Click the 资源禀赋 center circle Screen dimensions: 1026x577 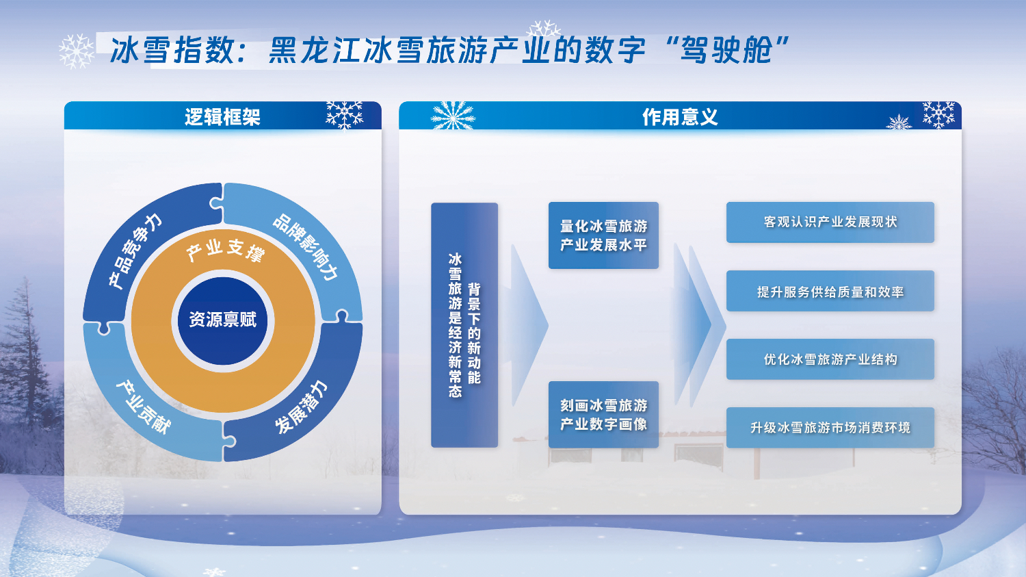[x=222, y=320]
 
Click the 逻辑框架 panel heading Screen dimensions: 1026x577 [x=222, y=117]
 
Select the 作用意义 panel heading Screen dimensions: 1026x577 [x=680, y=117]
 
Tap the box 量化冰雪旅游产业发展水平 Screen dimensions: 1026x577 [x=603, y=235]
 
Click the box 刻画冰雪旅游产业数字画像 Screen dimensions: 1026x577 [x=603, y=414]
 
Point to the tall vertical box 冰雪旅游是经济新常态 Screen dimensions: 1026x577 [x=464, y=325]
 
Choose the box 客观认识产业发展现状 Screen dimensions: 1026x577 [x=830, y=222]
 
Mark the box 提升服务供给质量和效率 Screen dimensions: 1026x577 [x=830, y=291]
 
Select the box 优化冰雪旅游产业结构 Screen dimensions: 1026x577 [x=830, y=359]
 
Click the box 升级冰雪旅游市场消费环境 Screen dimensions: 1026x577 [x=830, y=428]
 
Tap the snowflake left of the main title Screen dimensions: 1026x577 [x=77, y=51]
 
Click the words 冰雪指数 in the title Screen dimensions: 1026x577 [x=173, y=50]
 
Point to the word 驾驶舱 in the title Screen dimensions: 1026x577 [x=726, y=50]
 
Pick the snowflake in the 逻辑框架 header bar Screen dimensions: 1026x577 [x=345, y=114]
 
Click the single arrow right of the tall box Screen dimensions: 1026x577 [x=529, y=325]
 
